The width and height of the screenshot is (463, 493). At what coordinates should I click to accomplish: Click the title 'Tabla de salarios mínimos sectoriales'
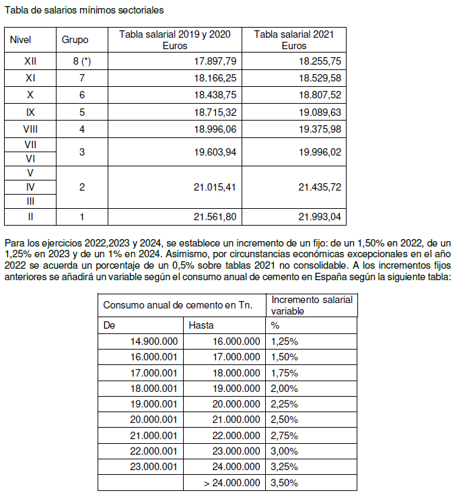[x=84, y=11]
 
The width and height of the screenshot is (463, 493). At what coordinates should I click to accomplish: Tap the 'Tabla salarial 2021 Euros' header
[x=293, y=40]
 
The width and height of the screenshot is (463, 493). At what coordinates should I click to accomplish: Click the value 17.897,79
[x=213, y=61]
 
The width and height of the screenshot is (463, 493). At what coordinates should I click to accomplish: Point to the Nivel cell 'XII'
[x=30, y=61]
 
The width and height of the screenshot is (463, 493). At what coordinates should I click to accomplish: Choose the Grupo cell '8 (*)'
[x=81, y=61]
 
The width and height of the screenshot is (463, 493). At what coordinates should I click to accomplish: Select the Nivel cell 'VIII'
[x=30, y=128]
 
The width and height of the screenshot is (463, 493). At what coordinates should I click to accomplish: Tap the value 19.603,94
[x=213, y=152]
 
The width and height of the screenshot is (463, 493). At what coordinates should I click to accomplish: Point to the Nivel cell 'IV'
[x=30, y=187]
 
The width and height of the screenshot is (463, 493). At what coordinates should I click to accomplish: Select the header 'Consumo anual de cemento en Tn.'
[x=178, y=305]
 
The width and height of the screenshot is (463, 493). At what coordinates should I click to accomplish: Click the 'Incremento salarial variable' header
[x=312, y=305]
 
